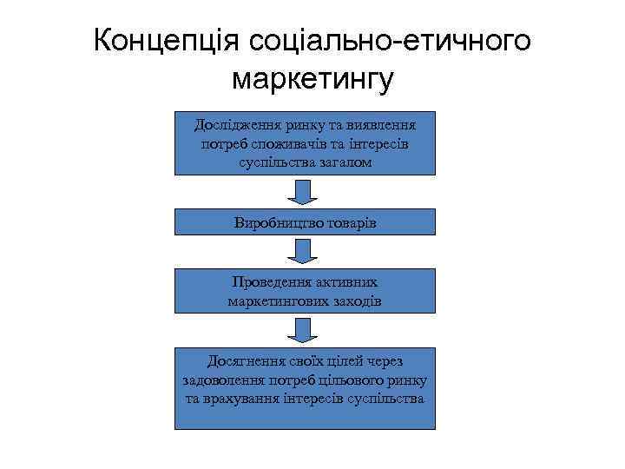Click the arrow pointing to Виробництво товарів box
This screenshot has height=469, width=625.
click(x=303, y=192)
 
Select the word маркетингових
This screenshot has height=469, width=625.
click(x=279, y=301)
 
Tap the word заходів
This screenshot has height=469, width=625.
click(x=357, y=301)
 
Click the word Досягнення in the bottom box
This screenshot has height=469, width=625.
click(x=245, y=360)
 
